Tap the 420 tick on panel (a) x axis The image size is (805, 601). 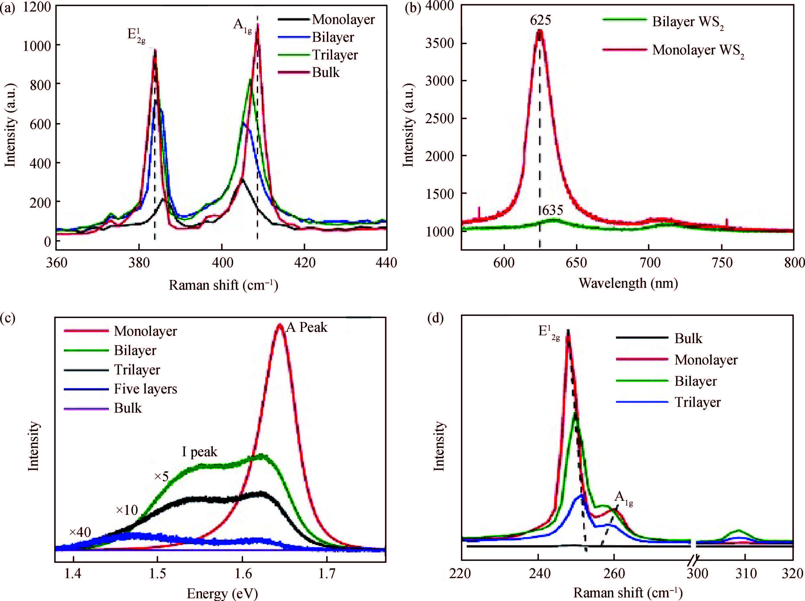(x=305, y=262)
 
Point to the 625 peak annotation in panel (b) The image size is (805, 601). (x=540, y=20)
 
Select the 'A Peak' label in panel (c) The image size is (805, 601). (x=307, y=327)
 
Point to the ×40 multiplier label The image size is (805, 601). (x=80, y=532)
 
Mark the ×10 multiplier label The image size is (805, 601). (x=127, y=510)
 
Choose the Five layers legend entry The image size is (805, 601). (x=145, y=389)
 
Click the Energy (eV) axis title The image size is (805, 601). (x=222, y=594)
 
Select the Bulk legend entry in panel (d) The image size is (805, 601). (x=688, y=339)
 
